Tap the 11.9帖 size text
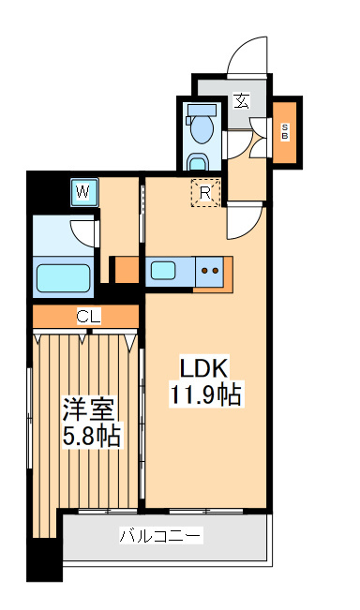(x=204, y=394)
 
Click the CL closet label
(x=87, y=317)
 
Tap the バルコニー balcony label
(x=160, y=537)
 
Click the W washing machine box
(x=83, y=192)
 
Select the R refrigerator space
(x=205, y=192)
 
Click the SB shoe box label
(x=285, y=132)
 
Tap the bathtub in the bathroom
(x=63, y=278)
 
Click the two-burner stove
(x=210, y=272)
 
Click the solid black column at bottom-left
(x=40, y=563)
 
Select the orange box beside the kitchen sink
(x=124, y=270)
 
